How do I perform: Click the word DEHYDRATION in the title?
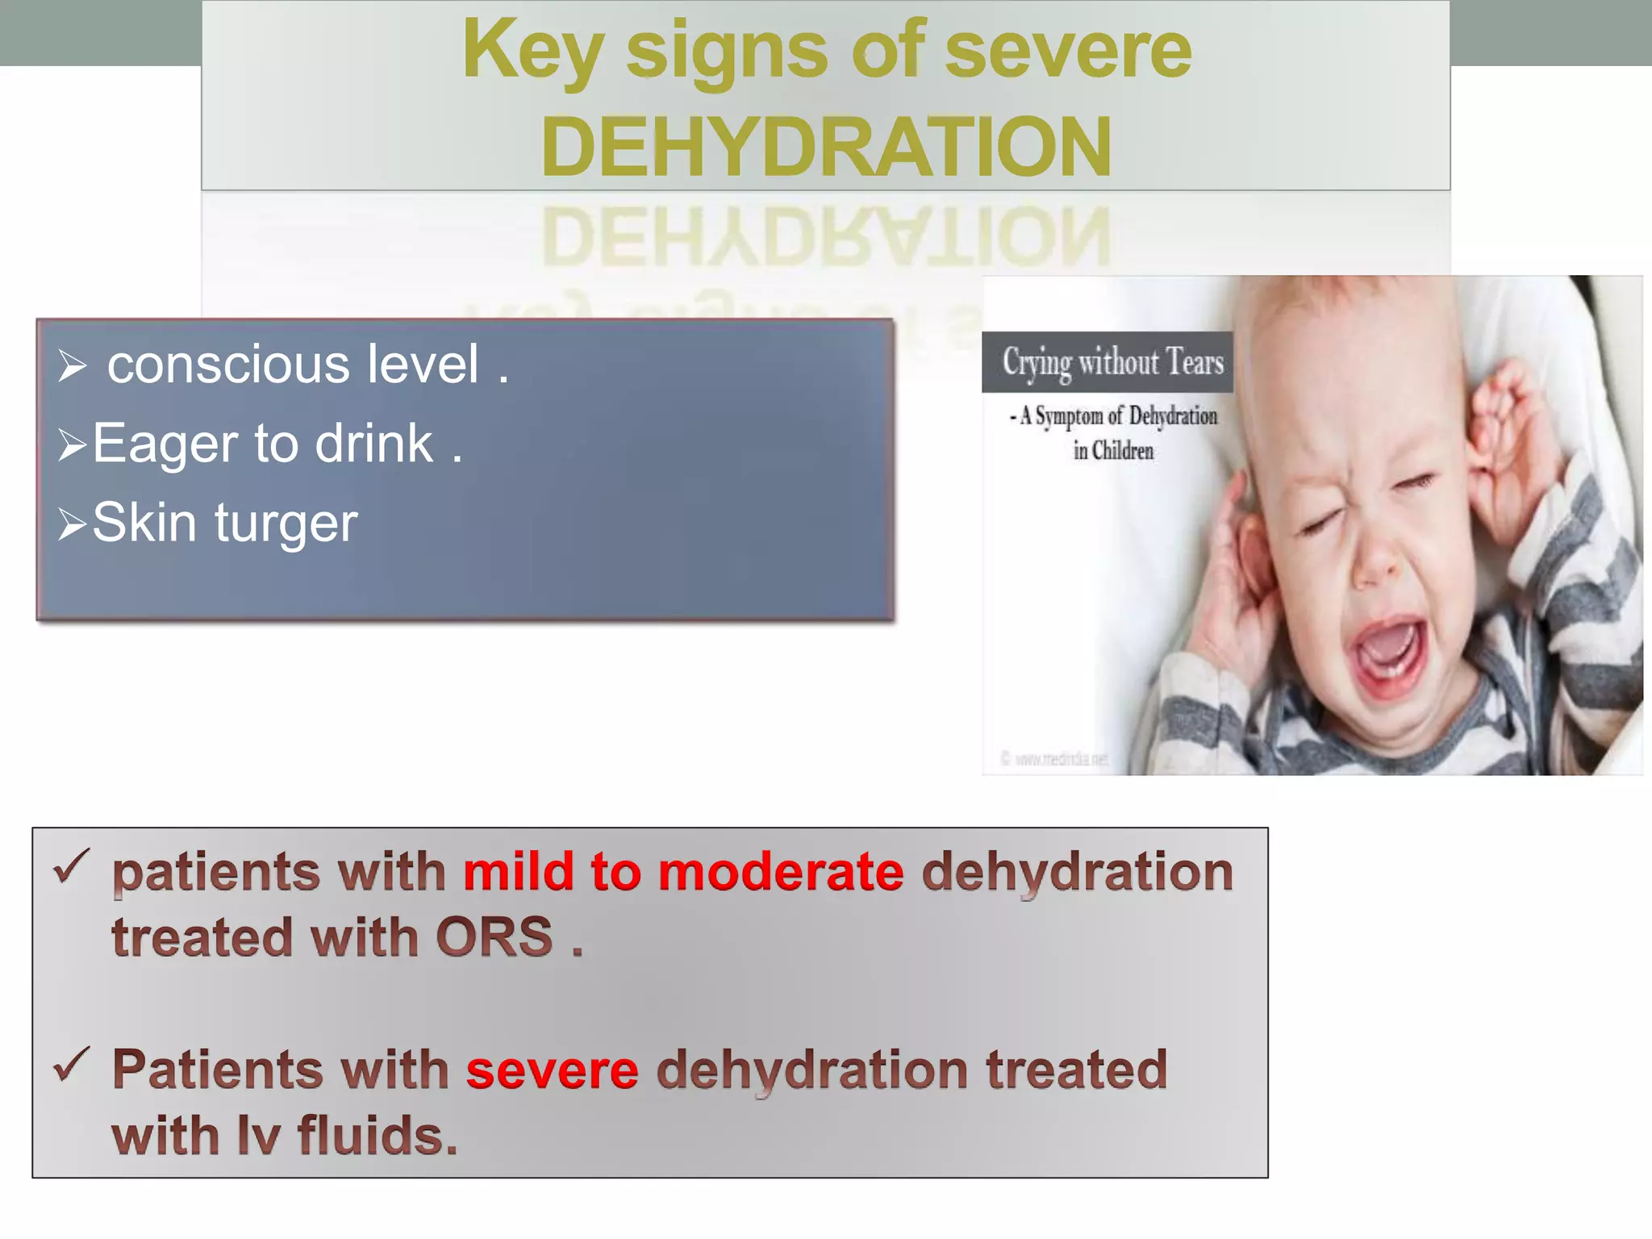point(826,147)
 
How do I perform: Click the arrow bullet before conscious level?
point(72,365)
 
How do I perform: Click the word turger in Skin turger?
point(286,524)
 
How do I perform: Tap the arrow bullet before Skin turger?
point(72,524)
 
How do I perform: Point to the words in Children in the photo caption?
point(1113,451)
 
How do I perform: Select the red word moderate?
point(780,872)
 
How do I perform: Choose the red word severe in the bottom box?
point(552,1070)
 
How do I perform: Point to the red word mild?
point(518,872)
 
